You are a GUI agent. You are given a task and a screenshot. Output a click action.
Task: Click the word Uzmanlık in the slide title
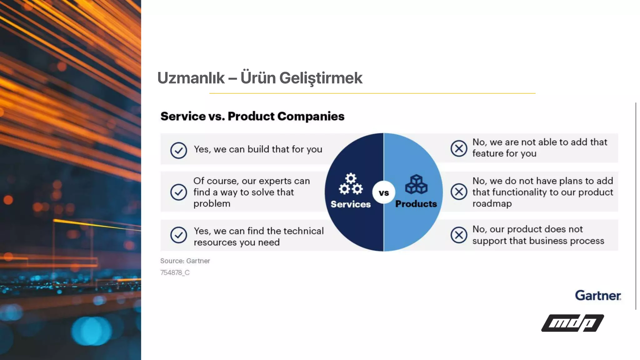191,78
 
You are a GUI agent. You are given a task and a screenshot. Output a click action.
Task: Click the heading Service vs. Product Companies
252,116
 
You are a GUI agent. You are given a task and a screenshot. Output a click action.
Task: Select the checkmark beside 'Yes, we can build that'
179,150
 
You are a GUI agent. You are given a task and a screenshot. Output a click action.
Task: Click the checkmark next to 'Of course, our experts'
179,192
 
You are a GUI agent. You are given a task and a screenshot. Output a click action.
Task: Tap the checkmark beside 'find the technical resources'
179,235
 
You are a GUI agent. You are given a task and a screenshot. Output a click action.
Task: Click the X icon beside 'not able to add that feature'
459,148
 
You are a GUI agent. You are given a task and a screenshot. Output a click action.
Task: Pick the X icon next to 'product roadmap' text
459,192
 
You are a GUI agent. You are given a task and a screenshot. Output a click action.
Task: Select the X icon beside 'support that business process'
459,235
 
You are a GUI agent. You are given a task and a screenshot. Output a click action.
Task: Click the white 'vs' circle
384,192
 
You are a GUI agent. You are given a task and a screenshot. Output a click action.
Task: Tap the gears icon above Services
351,184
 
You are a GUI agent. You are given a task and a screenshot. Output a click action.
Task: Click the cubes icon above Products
416,184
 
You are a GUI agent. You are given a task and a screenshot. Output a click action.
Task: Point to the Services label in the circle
351,204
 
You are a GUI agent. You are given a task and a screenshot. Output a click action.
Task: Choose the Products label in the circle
416,204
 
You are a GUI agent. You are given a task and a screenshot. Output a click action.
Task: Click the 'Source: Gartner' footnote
185,261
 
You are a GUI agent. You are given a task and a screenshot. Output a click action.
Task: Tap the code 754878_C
175,273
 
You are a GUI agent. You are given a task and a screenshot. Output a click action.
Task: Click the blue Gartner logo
598,296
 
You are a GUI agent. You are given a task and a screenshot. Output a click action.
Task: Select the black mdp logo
572,323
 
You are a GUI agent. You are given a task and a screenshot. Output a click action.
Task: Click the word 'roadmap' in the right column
492,204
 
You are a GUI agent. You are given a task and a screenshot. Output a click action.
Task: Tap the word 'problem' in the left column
212,204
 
